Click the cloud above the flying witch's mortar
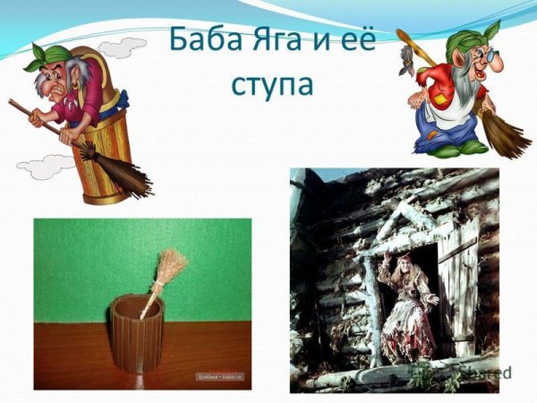click(x=122, y=46)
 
